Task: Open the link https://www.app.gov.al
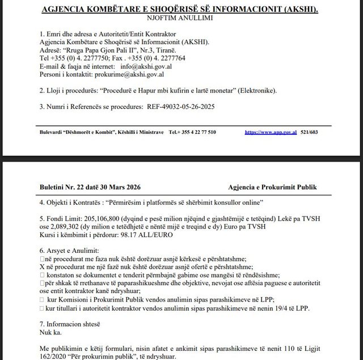tap(271, 132)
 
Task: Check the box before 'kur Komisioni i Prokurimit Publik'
tap(43, 299)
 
